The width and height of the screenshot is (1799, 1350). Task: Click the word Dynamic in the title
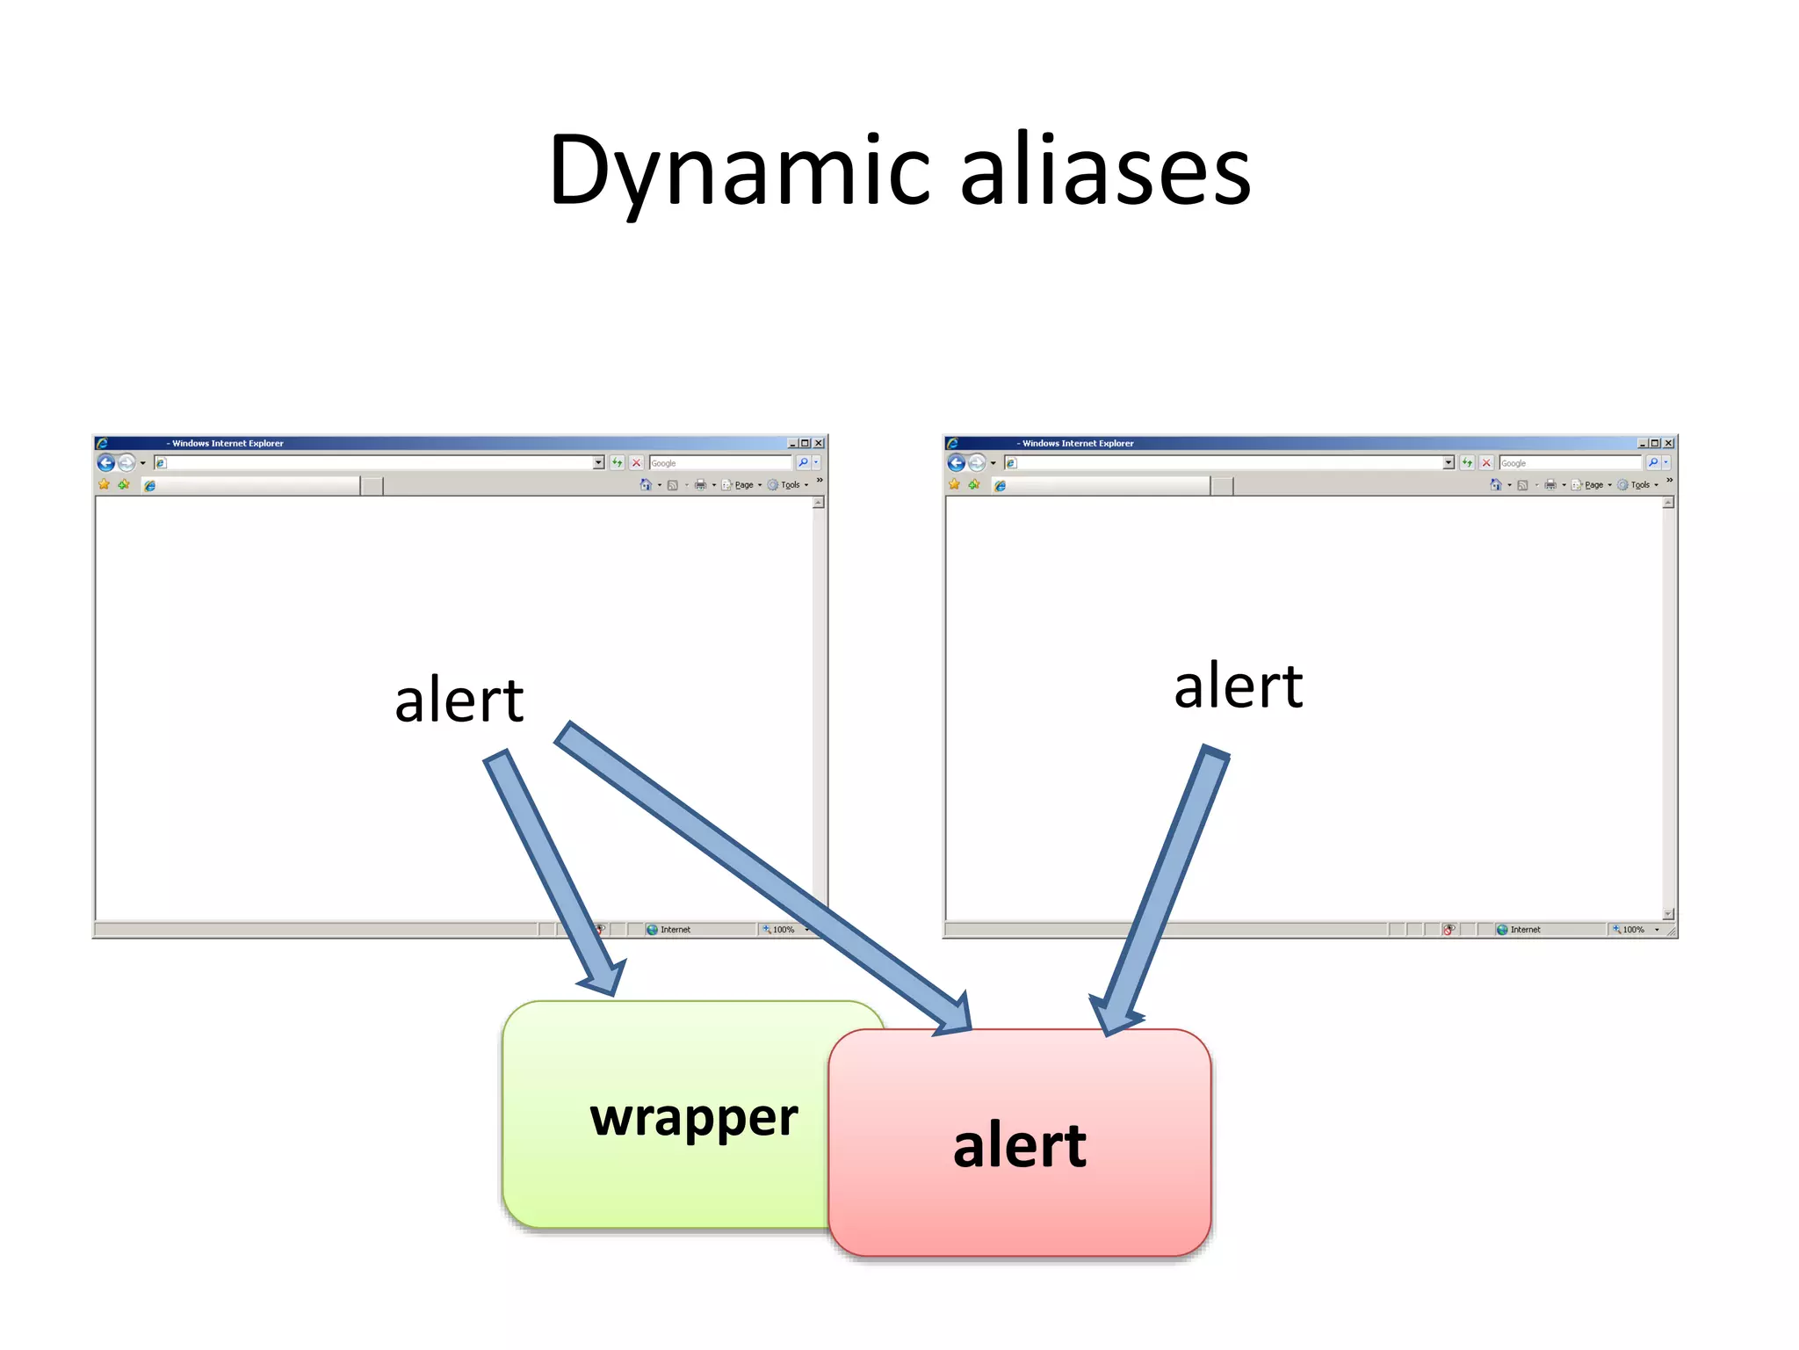738,171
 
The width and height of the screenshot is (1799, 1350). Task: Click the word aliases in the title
1105,171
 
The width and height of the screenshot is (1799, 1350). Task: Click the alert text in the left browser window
459,700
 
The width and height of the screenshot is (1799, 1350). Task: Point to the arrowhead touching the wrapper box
604,977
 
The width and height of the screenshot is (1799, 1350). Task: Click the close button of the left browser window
819,443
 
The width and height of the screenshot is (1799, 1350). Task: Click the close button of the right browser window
1668,443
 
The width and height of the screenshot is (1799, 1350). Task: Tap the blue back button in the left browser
106,462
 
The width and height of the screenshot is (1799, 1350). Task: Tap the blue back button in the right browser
957,462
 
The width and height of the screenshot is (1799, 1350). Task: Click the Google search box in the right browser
1570,463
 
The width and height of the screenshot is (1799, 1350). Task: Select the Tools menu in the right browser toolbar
1640,485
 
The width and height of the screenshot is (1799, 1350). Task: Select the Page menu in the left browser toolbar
743,485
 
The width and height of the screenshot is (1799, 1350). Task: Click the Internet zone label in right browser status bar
1525,929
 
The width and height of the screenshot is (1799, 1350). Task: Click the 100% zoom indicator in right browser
1633,929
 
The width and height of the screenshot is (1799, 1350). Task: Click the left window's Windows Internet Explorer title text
228,443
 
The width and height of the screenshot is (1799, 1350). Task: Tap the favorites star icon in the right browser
955,484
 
